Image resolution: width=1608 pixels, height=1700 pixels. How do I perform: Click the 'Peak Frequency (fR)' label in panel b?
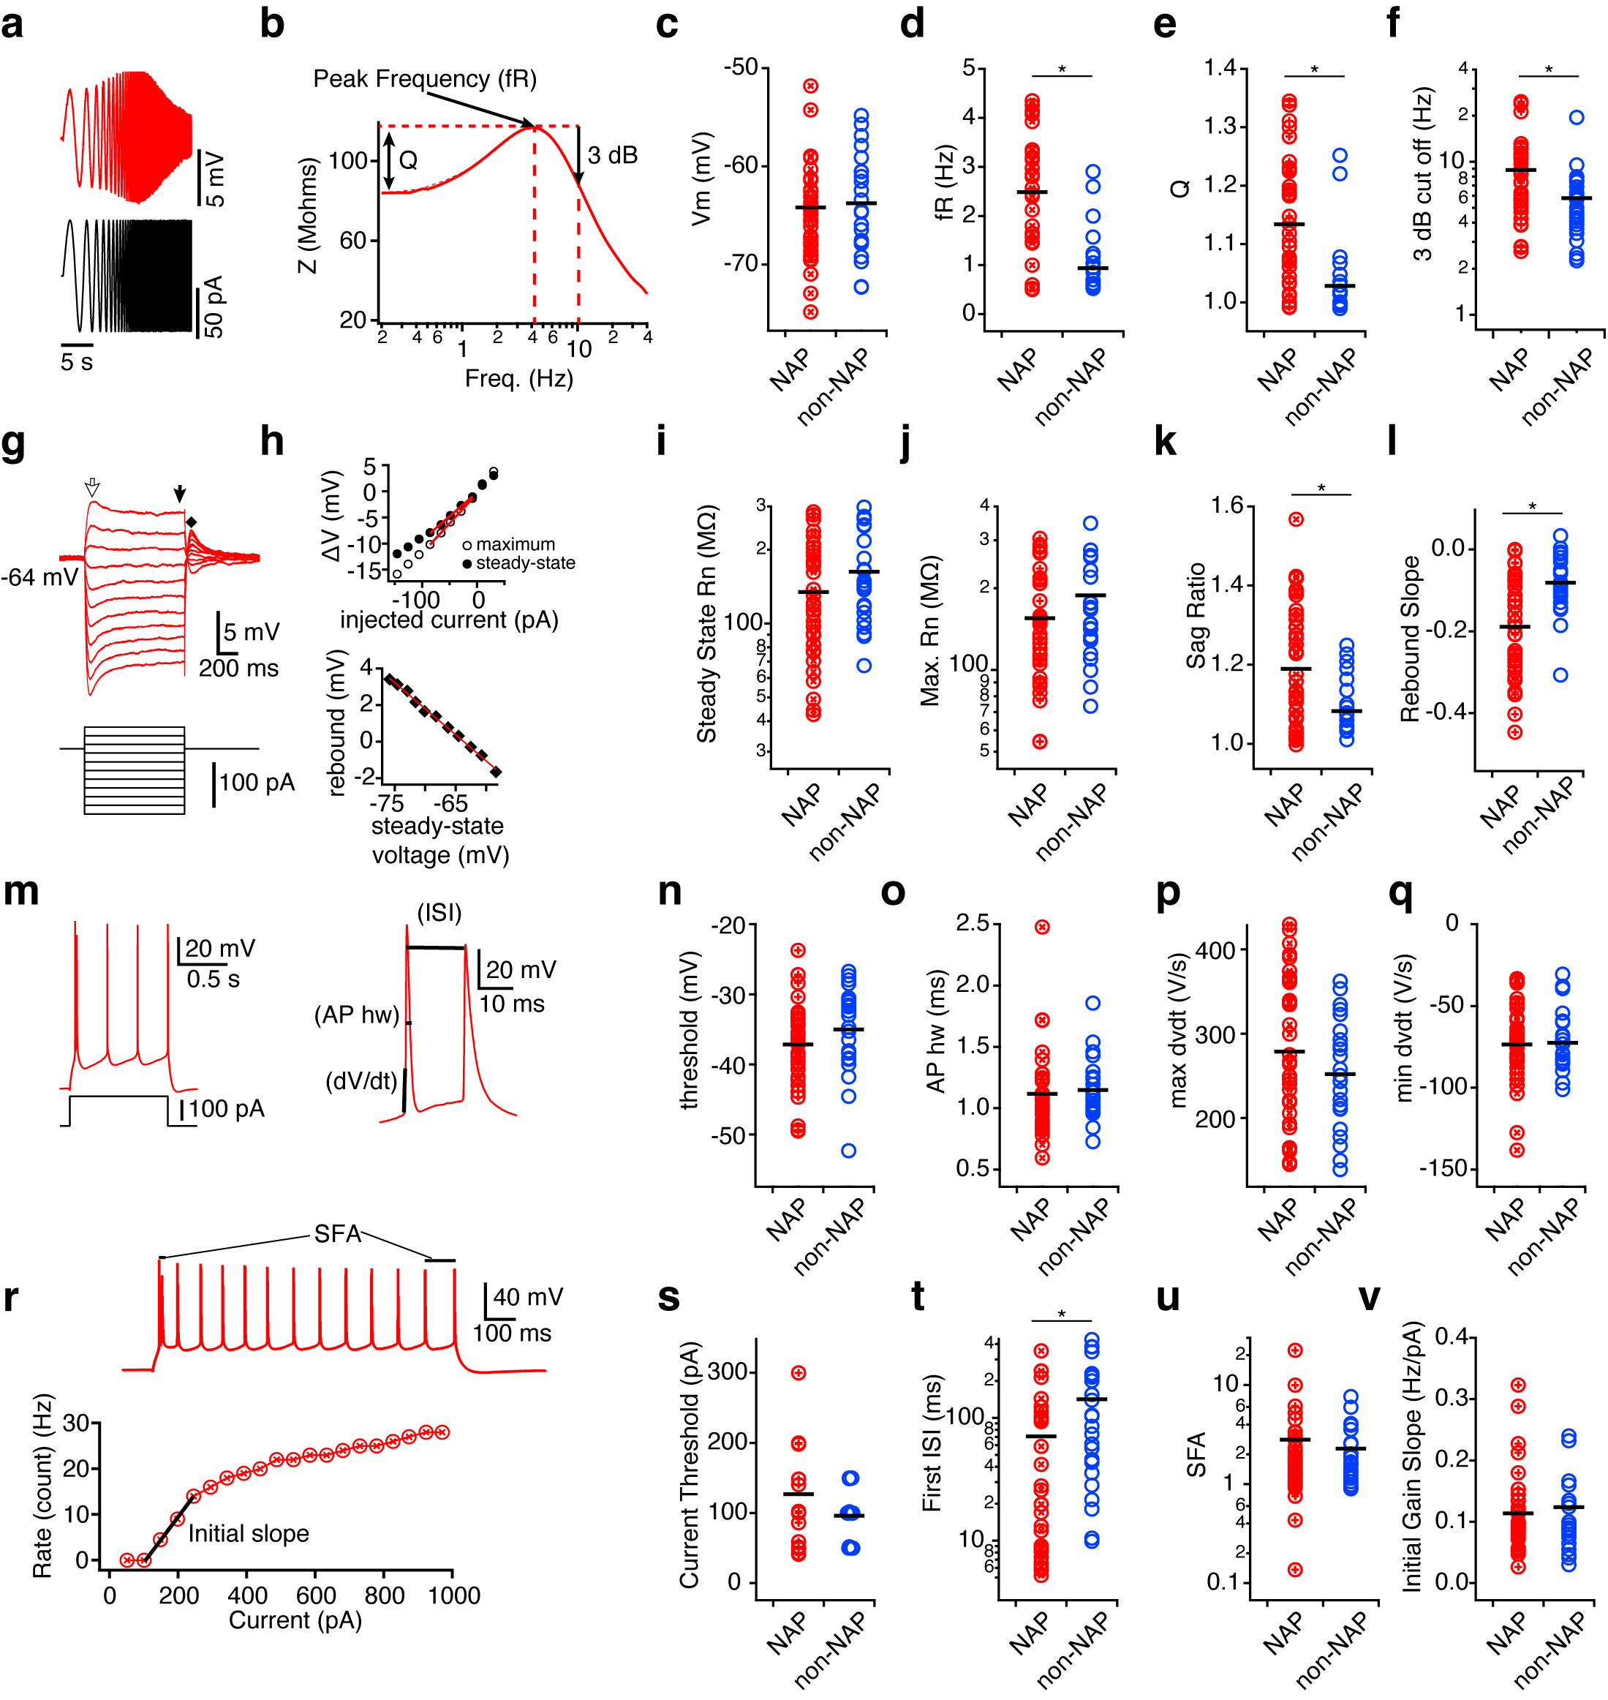[424, 79]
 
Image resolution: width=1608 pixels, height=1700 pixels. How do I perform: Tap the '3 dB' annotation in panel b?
[612, 155]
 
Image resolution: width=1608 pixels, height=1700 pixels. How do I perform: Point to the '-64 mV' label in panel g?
[39, 577]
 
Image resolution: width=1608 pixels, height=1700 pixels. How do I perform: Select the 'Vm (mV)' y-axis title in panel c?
[701, 178]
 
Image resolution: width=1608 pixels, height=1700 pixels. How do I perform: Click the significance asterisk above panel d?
[1062, 69]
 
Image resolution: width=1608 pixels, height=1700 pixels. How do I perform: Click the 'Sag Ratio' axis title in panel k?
[1196, 614]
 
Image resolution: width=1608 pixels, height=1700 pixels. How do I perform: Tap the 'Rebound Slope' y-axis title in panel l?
[1410, 639]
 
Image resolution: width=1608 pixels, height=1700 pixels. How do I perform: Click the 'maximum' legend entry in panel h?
[515, 544]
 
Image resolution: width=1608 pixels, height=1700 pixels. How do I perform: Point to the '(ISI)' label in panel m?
[439, 912]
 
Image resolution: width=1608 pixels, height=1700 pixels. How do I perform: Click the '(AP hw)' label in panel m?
[357, 1015]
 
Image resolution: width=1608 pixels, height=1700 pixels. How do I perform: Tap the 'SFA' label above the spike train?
[337, 1233]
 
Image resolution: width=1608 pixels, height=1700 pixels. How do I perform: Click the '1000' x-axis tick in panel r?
[453, 1595]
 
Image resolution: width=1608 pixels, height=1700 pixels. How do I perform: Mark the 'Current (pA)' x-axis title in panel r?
[295, 1620]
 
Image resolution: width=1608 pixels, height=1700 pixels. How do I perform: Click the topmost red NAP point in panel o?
[1042, 927]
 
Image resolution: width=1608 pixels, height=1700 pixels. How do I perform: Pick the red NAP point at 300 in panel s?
[798, 1372]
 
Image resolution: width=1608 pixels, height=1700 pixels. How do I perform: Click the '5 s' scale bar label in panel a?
[76, 362]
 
